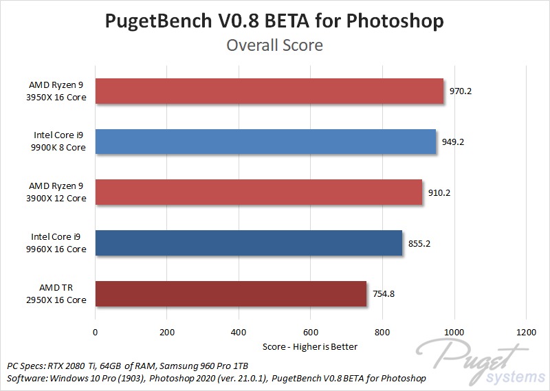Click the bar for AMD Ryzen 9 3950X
coord(269,91)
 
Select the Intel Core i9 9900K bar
coord(265,142)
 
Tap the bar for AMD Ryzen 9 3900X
coord(258,192)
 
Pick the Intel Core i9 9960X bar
coord(249,243)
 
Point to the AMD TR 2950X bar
coord(231,294)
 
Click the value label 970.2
coord(461,91)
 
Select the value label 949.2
coord(453,142)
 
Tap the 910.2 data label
coord(439,193)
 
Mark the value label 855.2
coord(419,243)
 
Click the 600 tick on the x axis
coord(311,332)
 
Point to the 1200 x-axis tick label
coord(526,332)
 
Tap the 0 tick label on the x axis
coord(95,332)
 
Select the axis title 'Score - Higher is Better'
coord(310,346)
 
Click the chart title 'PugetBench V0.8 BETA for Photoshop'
coord(274,21)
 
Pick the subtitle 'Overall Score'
coord(274,46)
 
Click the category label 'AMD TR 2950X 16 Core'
coord(57,294)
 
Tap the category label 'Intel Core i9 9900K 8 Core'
coord(60,142)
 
